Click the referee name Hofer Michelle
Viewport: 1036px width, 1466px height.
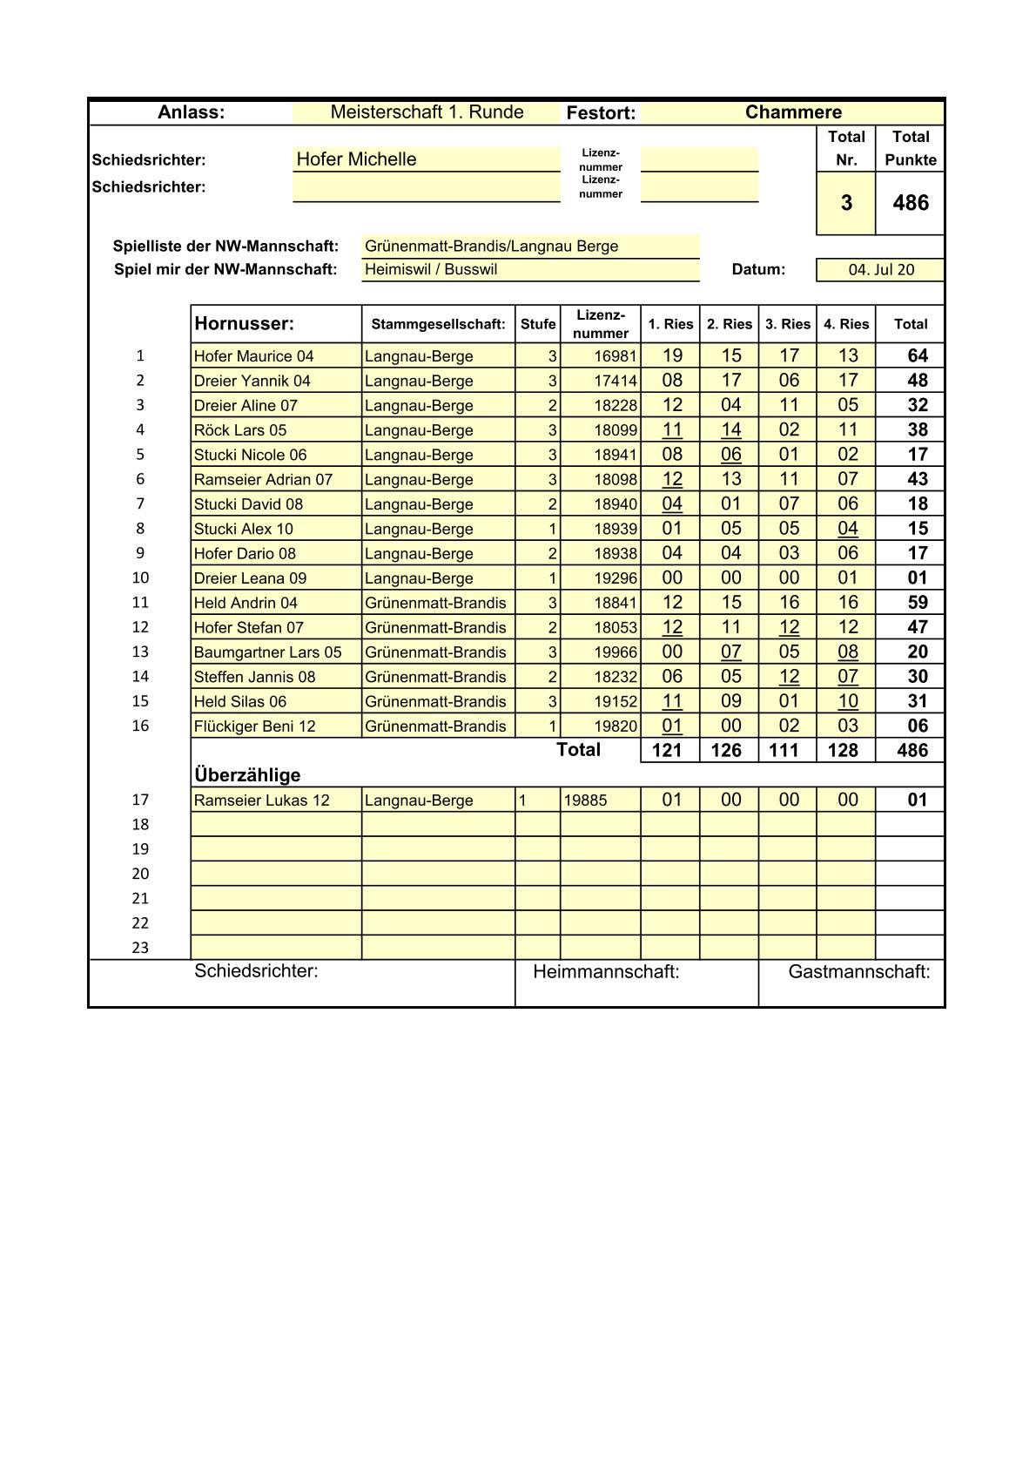356,159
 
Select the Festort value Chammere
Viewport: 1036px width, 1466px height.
793,112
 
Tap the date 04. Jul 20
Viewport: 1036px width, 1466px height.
881,270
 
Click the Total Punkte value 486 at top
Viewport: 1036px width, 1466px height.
911,203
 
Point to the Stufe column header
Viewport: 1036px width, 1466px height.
538,324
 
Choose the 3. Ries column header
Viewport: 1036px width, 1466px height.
788,324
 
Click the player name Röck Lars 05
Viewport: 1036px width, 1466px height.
240,430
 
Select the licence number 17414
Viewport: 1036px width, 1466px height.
616,381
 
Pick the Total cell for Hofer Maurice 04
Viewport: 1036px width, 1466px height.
918,355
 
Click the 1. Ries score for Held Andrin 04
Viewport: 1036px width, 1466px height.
672,602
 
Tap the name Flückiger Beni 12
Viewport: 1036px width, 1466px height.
255,726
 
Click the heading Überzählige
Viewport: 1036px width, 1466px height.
247,775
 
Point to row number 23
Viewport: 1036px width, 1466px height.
140,948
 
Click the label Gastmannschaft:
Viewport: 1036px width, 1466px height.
858,972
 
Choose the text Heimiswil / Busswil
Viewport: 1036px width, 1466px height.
431,270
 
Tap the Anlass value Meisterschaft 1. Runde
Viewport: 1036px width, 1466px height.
427,112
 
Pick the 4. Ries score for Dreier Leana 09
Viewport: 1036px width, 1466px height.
847,578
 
